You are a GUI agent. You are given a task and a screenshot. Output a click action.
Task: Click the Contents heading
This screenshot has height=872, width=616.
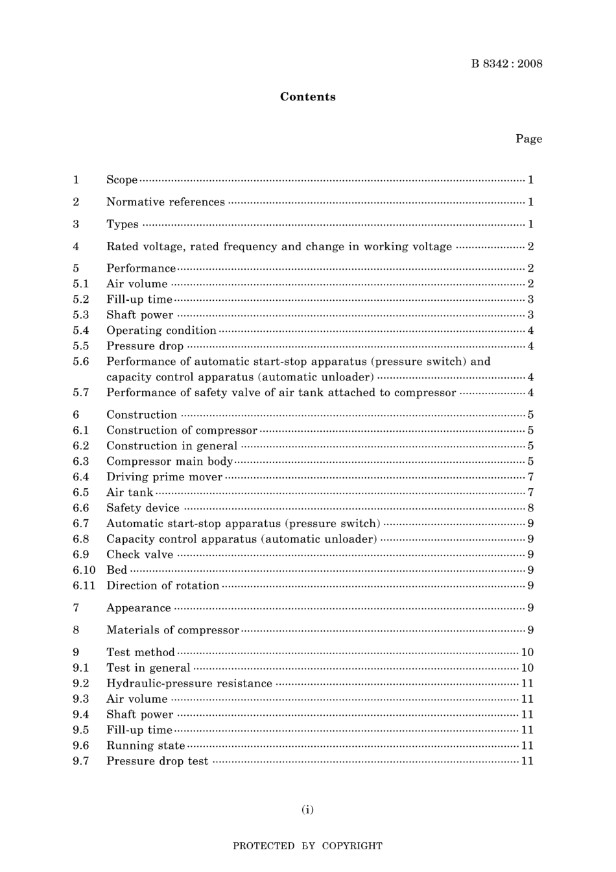(307, 97)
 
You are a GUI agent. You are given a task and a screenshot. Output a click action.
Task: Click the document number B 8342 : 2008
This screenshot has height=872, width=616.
(506, 64)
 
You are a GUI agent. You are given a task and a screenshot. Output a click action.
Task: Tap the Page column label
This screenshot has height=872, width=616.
(528, 139)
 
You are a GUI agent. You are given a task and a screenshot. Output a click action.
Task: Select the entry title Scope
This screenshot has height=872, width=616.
(122, 180)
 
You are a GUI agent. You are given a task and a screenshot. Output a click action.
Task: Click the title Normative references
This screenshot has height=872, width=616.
(165, 202)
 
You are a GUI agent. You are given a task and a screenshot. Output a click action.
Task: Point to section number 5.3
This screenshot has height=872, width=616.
(81, 314)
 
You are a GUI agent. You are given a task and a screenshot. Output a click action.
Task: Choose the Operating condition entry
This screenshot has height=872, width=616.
(161, 330)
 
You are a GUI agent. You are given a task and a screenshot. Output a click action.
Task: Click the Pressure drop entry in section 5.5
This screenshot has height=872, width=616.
(145, 346)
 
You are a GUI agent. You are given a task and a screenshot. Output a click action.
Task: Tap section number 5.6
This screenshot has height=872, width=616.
(81, 361)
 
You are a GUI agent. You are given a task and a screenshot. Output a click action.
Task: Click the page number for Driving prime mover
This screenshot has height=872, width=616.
(530, 477)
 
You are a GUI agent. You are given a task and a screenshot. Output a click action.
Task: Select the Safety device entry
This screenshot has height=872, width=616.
(143, 508)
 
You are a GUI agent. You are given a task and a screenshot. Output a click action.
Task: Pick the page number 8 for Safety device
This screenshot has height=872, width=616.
(530, 508)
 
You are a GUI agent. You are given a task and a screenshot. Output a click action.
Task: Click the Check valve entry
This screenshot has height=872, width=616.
(139, 554)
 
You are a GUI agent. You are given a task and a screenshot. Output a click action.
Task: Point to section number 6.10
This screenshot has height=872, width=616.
(84, 570)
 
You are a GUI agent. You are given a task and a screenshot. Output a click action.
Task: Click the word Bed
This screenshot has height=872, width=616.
(117, 570)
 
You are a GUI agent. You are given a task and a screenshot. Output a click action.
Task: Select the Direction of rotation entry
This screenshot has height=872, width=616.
(163, 585)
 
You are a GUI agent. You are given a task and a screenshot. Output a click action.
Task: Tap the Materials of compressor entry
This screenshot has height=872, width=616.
(172, 630)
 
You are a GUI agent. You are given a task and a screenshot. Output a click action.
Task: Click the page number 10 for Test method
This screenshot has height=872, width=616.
(527, 652)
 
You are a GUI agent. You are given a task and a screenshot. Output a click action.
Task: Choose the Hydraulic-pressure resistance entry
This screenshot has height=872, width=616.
(189, 683)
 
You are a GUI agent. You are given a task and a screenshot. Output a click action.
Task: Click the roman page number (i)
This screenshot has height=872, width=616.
(307, 809)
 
